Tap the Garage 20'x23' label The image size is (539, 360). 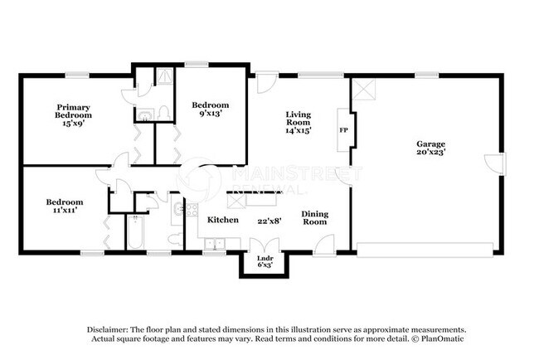[x=430, y=148]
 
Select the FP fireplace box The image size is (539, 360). [x=342, y=130]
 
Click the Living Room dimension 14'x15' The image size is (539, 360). [x=299, y=129]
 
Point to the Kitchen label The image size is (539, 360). [x=223, y=220]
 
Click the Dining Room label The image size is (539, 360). [x=314, y=218]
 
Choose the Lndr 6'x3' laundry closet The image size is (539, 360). [x=264, y=261]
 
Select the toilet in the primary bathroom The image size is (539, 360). [x=164, y=112]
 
